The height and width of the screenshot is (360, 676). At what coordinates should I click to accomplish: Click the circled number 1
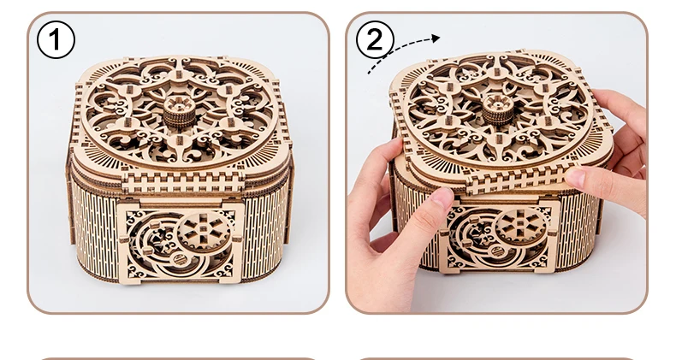click(x=56, y=39)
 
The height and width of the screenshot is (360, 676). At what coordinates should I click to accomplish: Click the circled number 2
click(x=375, y=39)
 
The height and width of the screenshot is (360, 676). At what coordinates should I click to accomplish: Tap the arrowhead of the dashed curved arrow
click(x=436, y=38)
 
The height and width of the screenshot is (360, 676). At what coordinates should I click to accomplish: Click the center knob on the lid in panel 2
click(x=497, y=109)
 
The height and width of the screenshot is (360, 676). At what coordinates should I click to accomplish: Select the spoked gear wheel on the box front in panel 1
click(x=204, y=232)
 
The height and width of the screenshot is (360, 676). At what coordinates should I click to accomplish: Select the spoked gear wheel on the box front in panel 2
click(x=521, y=226)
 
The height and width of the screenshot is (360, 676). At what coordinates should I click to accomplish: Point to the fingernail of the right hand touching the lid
click(x=576, y=177)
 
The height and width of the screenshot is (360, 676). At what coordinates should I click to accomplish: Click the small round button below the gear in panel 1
click(x=179, y=259)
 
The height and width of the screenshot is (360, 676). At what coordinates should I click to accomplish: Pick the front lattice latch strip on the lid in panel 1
click(x=184, y=182)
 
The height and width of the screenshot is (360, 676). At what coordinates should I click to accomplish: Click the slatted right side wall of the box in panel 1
click(x=264, y=233)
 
